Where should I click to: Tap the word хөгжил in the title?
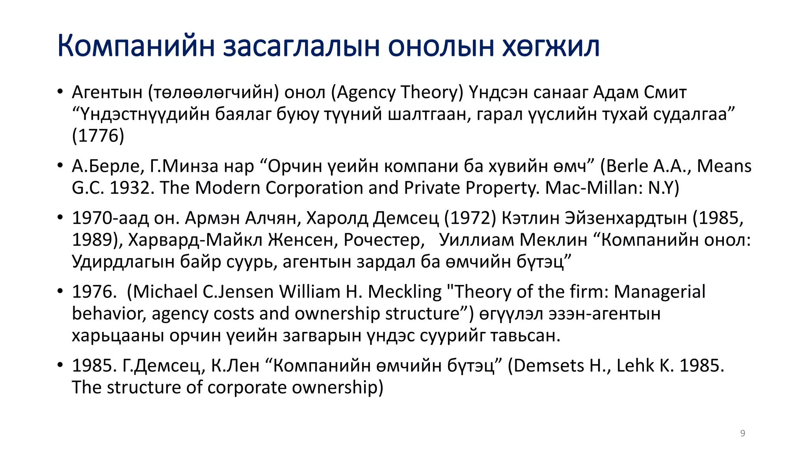(x=550, y=46)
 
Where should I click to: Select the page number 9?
(x=742, y=433)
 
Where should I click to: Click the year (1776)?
(x=98, y=136)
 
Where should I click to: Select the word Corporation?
(x=314, y=188)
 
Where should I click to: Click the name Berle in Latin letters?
(x=627, y=166)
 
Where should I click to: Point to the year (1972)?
(x=470, y=218)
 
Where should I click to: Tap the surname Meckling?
(x=405, y=292)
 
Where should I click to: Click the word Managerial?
(x=659, y=292)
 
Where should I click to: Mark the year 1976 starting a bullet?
(x=94, y=292)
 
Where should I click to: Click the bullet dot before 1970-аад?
(x=60, y=217)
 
